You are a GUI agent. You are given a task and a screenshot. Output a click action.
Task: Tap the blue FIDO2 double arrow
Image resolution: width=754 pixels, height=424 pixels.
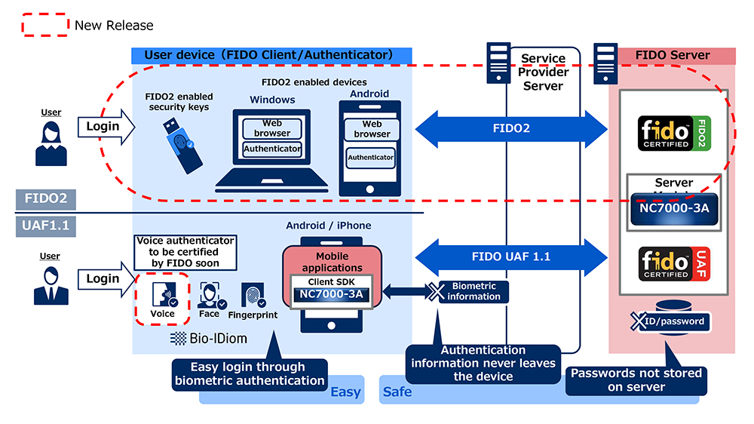pos(511,128)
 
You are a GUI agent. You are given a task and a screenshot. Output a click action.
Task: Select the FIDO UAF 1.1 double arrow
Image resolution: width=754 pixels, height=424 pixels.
pos(511,257)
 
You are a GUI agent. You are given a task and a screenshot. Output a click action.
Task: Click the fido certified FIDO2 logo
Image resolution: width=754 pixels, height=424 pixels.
pos(674,134)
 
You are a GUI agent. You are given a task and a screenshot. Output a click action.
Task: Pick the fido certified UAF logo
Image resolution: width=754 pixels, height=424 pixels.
pos(674,264)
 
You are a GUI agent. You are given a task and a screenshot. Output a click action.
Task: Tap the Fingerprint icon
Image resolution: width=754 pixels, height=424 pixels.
pos(253,295)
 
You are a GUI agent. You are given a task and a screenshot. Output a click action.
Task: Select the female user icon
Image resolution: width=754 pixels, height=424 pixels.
pos(51,143)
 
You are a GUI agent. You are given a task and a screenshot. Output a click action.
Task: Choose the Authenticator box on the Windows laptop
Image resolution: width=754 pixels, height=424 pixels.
pos(272,149)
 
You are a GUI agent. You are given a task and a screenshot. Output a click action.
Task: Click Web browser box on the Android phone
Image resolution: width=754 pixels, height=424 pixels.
pos(372,129)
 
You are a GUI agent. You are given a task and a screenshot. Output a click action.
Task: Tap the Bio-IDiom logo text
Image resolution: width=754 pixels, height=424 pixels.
pos(209,338)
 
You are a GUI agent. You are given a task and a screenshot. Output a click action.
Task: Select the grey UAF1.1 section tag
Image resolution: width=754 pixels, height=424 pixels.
pos(46,226)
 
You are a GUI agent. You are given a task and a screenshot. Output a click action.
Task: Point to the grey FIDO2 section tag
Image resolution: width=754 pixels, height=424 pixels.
pos(46,198)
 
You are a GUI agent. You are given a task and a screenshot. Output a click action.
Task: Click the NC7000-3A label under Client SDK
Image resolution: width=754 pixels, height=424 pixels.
pos(331,294)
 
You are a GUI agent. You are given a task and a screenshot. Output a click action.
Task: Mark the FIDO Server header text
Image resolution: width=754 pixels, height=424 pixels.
pos(673,55)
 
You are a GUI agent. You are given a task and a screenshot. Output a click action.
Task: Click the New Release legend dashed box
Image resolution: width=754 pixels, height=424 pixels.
pos(45,25)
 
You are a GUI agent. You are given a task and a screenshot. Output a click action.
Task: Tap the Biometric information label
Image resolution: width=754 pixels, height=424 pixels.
pos(474,292)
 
